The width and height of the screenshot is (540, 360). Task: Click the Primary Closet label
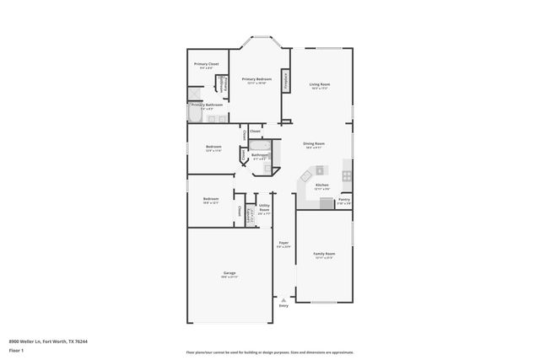(207, 64)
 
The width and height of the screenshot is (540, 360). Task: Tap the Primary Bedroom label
(257, 79)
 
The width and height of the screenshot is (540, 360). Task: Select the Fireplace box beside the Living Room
(287, 81)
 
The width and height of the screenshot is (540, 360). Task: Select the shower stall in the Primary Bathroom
(195, 94)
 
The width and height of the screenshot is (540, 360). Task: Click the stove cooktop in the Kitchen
(346, 175)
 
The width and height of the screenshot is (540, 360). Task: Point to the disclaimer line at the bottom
(269, 352)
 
